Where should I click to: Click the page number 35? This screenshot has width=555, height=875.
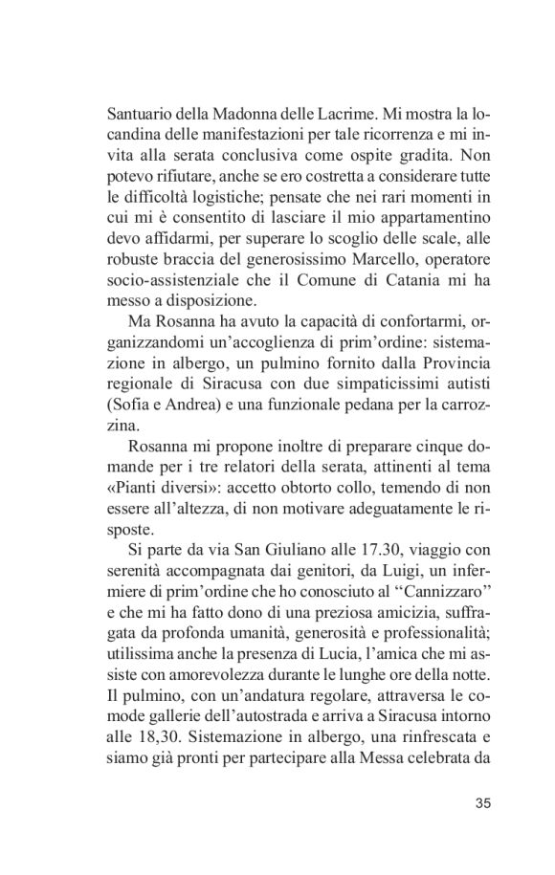(x=481, y=802)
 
